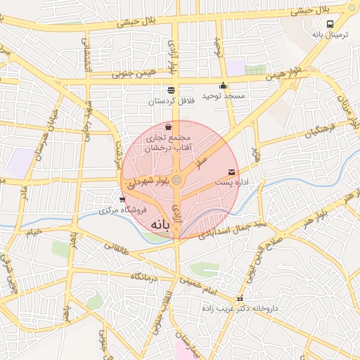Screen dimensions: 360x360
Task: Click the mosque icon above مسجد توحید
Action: [224, 86]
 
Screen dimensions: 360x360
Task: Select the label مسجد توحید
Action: [222, 95]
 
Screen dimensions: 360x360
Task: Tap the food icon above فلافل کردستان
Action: [171, 89]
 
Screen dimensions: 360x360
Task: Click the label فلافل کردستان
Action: [170, 101]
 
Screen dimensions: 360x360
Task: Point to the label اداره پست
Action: [231, 183]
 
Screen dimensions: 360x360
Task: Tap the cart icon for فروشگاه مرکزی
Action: [123, 199]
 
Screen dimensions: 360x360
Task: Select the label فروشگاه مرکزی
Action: [122, 210]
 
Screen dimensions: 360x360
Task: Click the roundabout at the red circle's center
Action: [177, 181]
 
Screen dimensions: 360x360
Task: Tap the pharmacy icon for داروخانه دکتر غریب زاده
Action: [240, 298]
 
